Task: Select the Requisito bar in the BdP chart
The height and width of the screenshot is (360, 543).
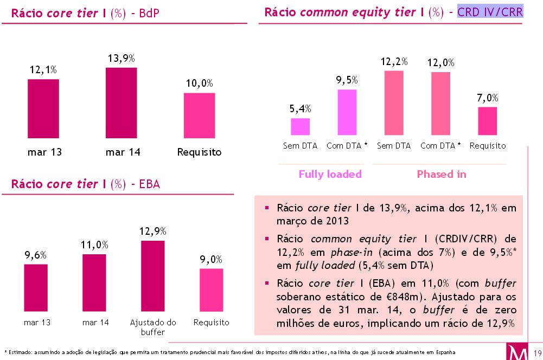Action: (x=199, y=115)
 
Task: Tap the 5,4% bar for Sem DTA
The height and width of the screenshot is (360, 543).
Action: (x=300, y=126)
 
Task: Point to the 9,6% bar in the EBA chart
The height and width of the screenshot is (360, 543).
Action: (x=36, y=288)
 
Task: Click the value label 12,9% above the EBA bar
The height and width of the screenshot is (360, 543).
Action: (x=152, y=232)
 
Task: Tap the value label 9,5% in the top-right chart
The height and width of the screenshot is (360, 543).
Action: (x=347, y=80)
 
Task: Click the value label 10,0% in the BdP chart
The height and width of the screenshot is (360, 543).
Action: (x=199, y=83)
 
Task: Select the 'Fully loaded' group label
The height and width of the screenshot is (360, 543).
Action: (x=330, y=174)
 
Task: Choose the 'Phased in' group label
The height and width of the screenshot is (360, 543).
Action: (x=441, y=174)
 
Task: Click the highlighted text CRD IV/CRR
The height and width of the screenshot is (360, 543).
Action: (x=490, y=12)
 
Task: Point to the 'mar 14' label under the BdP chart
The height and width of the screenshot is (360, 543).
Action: (x=123, y=152)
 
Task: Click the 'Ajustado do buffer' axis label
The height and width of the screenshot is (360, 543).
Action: (x=152, y=327)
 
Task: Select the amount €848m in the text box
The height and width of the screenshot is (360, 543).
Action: (x=399, y=297)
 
